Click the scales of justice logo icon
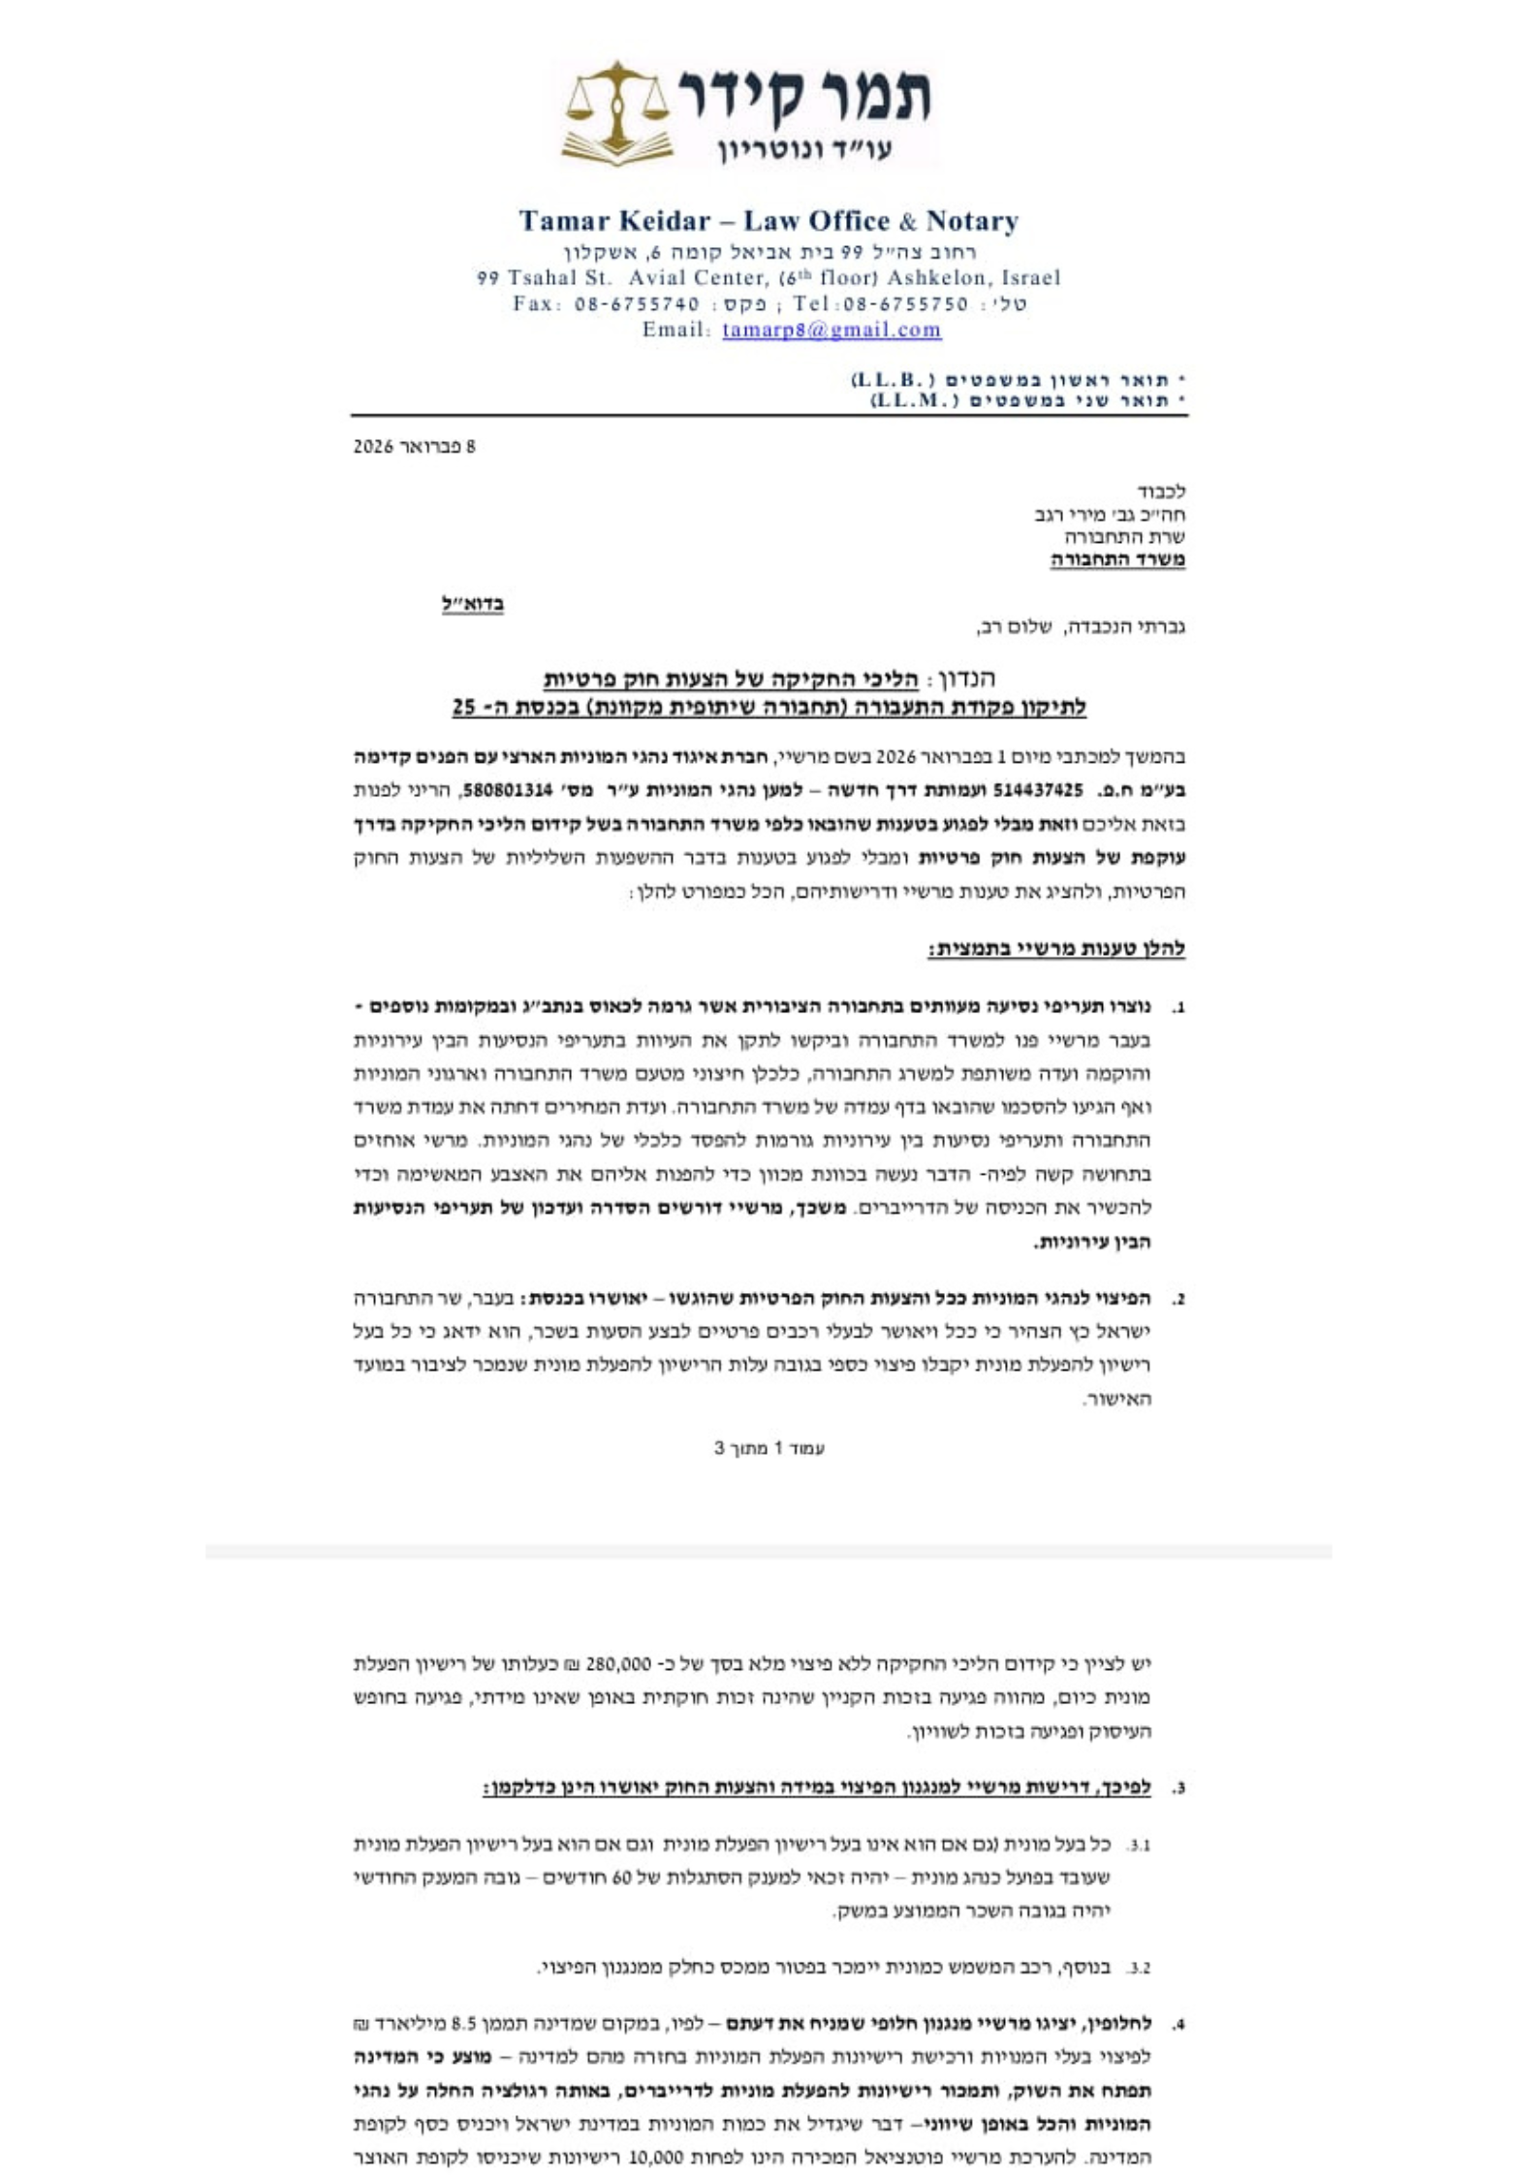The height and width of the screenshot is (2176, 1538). [x=617, y=111]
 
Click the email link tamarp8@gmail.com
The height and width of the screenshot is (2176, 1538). [x=832, y=330]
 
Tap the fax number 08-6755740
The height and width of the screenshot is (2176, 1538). [x=637, y=303]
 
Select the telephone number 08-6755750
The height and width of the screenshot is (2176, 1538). [x=906, y=303]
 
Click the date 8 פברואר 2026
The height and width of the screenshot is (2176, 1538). [x=414, y=447]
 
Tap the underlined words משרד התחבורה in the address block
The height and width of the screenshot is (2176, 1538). [x=1117, y=559]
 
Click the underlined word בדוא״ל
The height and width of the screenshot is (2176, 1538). [x=473, y=604]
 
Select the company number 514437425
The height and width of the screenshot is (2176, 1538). [x=1038, y=790]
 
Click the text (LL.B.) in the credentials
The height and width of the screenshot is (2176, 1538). [x=893, y=378]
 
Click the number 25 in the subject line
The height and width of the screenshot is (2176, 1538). [x=464, y=708]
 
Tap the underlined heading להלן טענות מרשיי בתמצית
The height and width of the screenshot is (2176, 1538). [x=1056, y=949]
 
